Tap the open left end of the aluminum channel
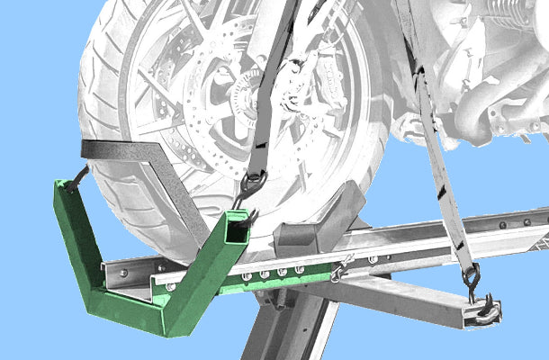(117, 274)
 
